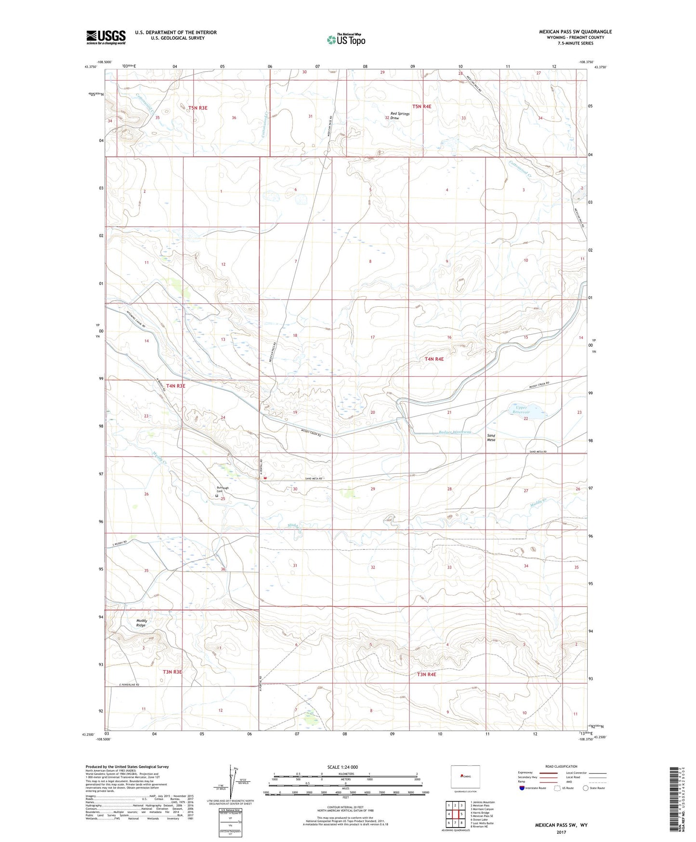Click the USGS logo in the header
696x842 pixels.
tap(106, 37)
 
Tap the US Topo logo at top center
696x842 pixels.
tap(345, 40)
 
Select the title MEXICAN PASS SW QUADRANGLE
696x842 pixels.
tap(575, 32)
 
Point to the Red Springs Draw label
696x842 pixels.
tap(400, 116)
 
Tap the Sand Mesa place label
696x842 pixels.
tap(491, 437)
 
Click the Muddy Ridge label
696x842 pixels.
tap(141, 623)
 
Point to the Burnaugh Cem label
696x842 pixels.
tap(222, 490)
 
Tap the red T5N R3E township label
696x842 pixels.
tap(197, 108)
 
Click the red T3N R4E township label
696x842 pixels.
tap(426, 674)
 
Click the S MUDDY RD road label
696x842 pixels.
tap(118, 543)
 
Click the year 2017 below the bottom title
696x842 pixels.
tap(561, 832)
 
